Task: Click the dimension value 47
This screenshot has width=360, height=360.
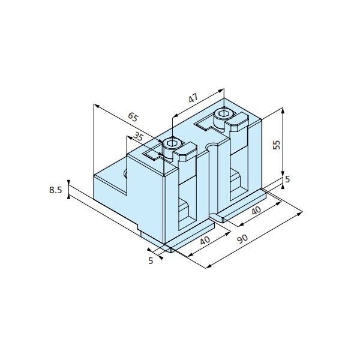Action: click(193, 98)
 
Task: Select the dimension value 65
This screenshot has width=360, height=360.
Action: click(133, 117)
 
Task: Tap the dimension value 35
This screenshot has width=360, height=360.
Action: click(138, 137)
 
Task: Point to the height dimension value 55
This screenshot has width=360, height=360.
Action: click(277, 145)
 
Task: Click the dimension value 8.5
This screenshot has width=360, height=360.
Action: click(56, 190)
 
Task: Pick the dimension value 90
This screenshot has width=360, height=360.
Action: click(242, 239)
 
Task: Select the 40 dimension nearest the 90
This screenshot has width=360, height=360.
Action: click(205, 241)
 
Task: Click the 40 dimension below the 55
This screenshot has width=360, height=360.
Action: click(256, 211)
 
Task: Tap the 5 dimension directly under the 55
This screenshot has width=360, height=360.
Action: click(287, 179)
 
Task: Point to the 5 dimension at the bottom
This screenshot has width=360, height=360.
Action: click(151, 261)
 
